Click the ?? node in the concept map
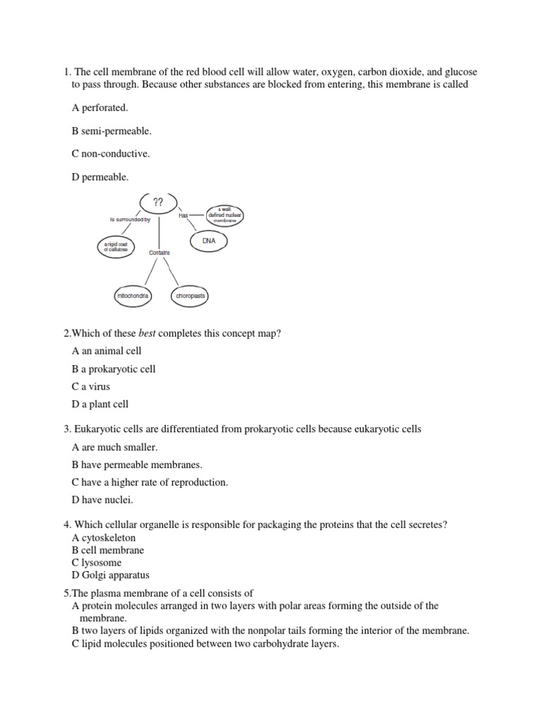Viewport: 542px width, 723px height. (x=158, y=203)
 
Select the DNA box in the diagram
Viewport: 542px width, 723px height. (x=209, y=241)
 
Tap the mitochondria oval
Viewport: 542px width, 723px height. (x=133, y=296)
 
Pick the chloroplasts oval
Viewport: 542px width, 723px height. (x=190, y=296)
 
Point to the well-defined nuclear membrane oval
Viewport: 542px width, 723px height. (x=225, y=215)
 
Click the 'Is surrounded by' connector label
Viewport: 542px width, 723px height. (x=131, y=220)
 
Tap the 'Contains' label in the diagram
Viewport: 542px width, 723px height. (x=159, y=252)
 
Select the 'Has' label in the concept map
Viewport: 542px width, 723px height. (x=183, y=215)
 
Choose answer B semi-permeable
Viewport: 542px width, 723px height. (x=112, y=131)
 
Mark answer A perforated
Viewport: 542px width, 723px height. (x=100, y=108)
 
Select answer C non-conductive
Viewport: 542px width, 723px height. (x=111, y=153)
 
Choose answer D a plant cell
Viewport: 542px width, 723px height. (x=100, y=405)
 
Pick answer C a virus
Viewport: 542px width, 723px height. (x=91, y=387)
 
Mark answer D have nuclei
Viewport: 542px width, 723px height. (x=102, y=500)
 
